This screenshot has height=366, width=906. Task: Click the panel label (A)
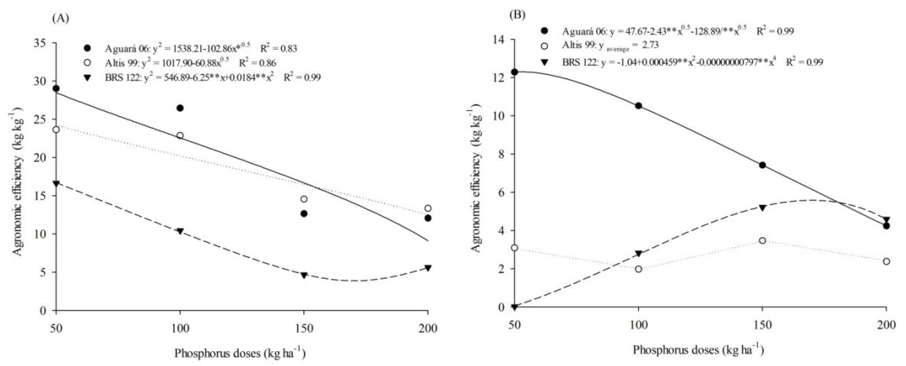coord(60,18)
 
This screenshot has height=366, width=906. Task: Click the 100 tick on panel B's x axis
coord(638,325)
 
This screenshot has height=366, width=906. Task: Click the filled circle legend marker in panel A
coord(88,48)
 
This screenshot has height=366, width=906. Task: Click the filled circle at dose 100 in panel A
coord(180,108)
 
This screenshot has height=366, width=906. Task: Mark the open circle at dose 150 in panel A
coord(304,199)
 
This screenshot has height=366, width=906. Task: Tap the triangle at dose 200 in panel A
coord(428,268)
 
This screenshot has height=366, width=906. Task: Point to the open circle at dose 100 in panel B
coord(638,269)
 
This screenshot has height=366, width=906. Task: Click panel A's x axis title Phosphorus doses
coord(240,353)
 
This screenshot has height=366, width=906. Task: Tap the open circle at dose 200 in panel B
coord(886,261)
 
